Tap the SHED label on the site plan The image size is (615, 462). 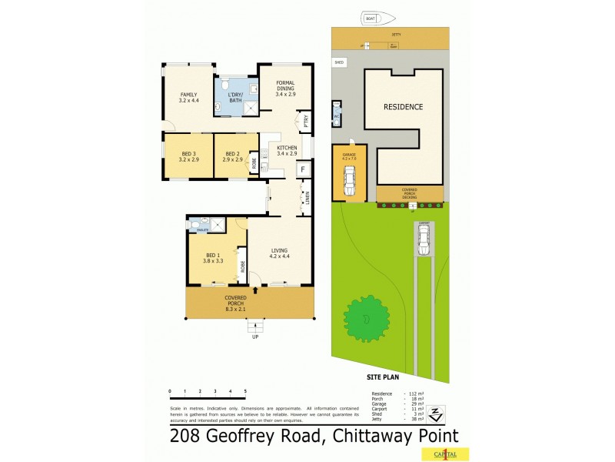click(338, 62)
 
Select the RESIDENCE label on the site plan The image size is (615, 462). click(404, 107)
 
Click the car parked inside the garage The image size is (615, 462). click(349, 182)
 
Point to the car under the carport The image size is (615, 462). click(424, 240)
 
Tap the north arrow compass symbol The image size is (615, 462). click(436, 413)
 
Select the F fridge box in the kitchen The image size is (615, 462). click(303, 169)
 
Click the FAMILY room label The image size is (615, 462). click(188, 95)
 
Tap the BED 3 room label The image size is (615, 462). click(188, 154)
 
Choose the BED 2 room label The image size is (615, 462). click(233, 154)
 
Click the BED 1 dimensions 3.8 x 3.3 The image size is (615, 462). click(212, 261)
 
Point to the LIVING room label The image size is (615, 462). click(280, 249)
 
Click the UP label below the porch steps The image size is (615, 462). click(254, 336)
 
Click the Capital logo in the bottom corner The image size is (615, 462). click(454, 454)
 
